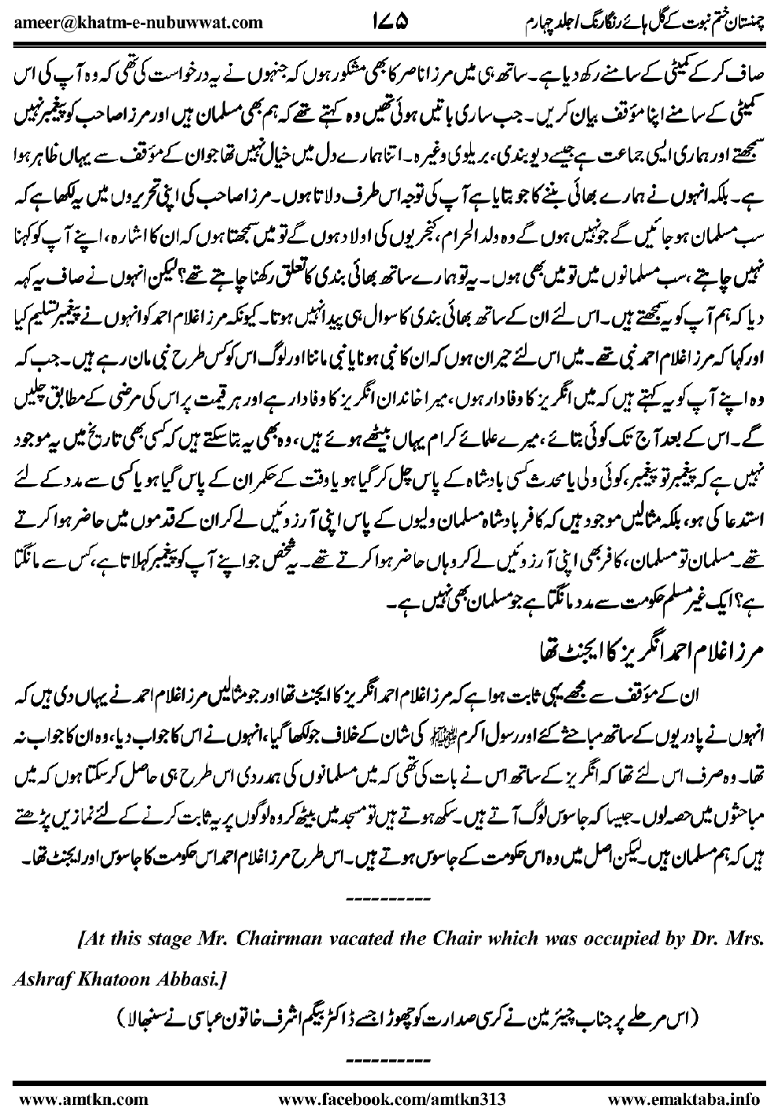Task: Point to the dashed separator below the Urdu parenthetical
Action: coord(389,1049)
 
